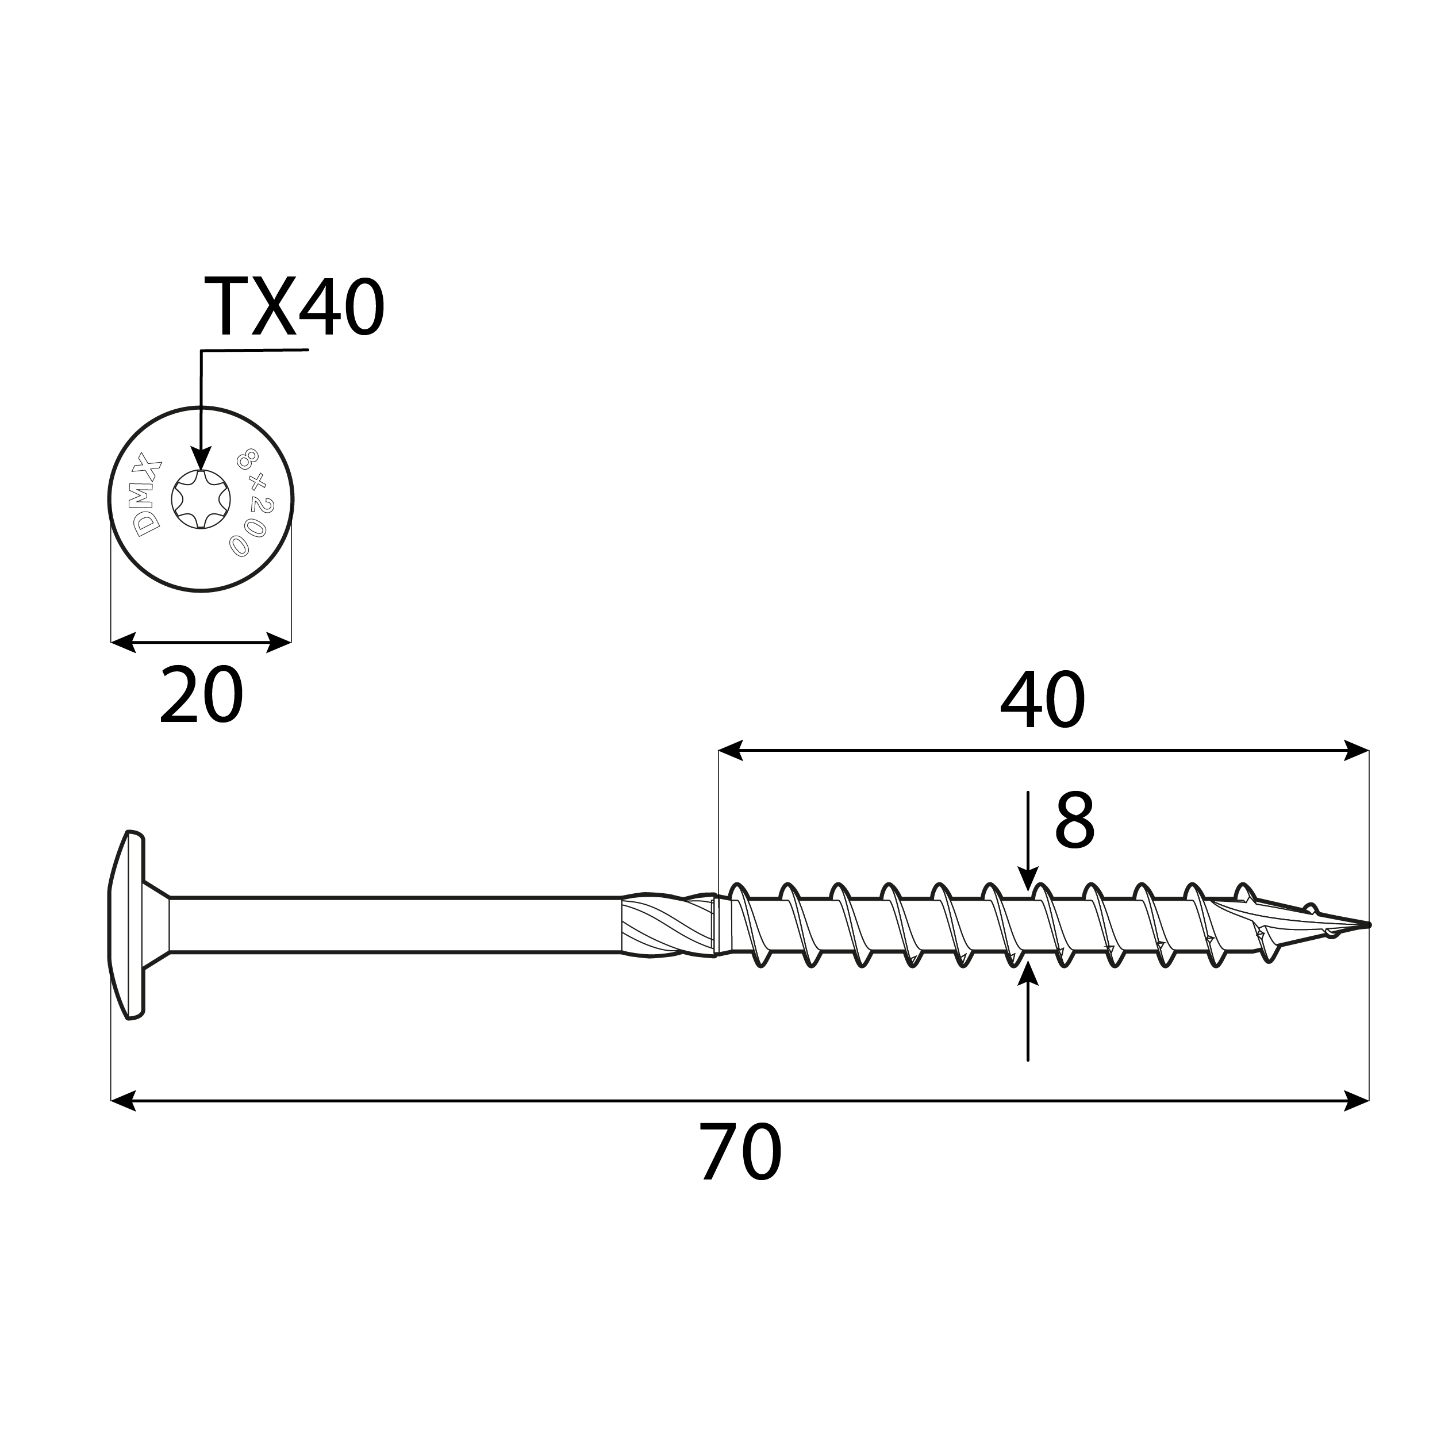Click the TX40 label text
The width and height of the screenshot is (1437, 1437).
click(293, 307)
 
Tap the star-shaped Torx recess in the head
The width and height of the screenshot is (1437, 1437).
click(201, 499)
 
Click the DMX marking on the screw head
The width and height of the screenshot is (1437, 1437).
click(147, 495)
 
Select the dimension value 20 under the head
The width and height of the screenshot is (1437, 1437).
click(201, 696)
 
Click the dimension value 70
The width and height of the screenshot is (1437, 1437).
click(740, 1153)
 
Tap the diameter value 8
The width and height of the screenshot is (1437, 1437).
click(1074, 821)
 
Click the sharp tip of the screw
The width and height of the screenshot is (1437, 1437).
click(1367, 925)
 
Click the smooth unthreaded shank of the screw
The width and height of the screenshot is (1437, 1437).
click(394, 925)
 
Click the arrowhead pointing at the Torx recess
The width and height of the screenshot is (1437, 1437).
click(201, 458)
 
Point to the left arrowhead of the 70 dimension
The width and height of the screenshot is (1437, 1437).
click(124, 1101)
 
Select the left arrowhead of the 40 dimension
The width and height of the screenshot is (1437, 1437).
click(731, 751)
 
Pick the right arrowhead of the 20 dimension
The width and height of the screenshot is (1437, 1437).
click(279, 643)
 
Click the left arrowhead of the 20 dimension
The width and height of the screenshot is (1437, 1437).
click(124, 643)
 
